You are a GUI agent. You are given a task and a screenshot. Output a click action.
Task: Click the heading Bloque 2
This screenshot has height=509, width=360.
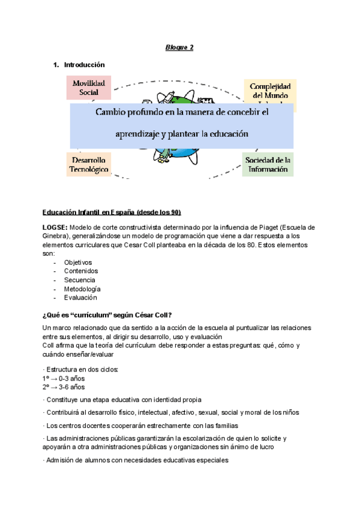point(179,47)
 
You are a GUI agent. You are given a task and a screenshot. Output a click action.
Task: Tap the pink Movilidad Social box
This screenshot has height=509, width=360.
point(89,88)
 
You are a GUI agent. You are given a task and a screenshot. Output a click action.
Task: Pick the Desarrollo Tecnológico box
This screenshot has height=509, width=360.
point(89,165)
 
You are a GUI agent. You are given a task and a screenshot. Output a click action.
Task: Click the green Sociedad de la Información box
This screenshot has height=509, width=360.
point(268,164)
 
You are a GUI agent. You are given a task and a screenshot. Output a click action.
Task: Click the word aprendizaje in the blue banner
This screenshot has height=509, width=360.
point(143,134)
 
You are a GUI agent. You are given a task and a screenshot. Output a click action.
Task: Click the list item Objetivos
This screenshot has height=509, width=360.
point(78,262)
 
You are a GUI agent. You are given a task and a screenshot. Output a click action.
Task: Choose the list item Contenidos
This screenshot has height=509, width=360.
point(80,271)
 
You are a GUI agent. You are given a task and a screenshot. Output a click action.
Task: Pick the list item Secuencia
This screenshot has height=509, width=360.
point(79,280)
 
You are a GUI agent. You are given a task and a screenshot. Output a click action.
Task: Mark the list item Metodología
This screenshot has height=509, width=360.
point(82,289)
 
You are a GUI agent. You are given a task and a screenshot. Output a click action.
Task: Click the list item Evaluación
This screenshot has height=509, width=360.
point(80,297)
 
